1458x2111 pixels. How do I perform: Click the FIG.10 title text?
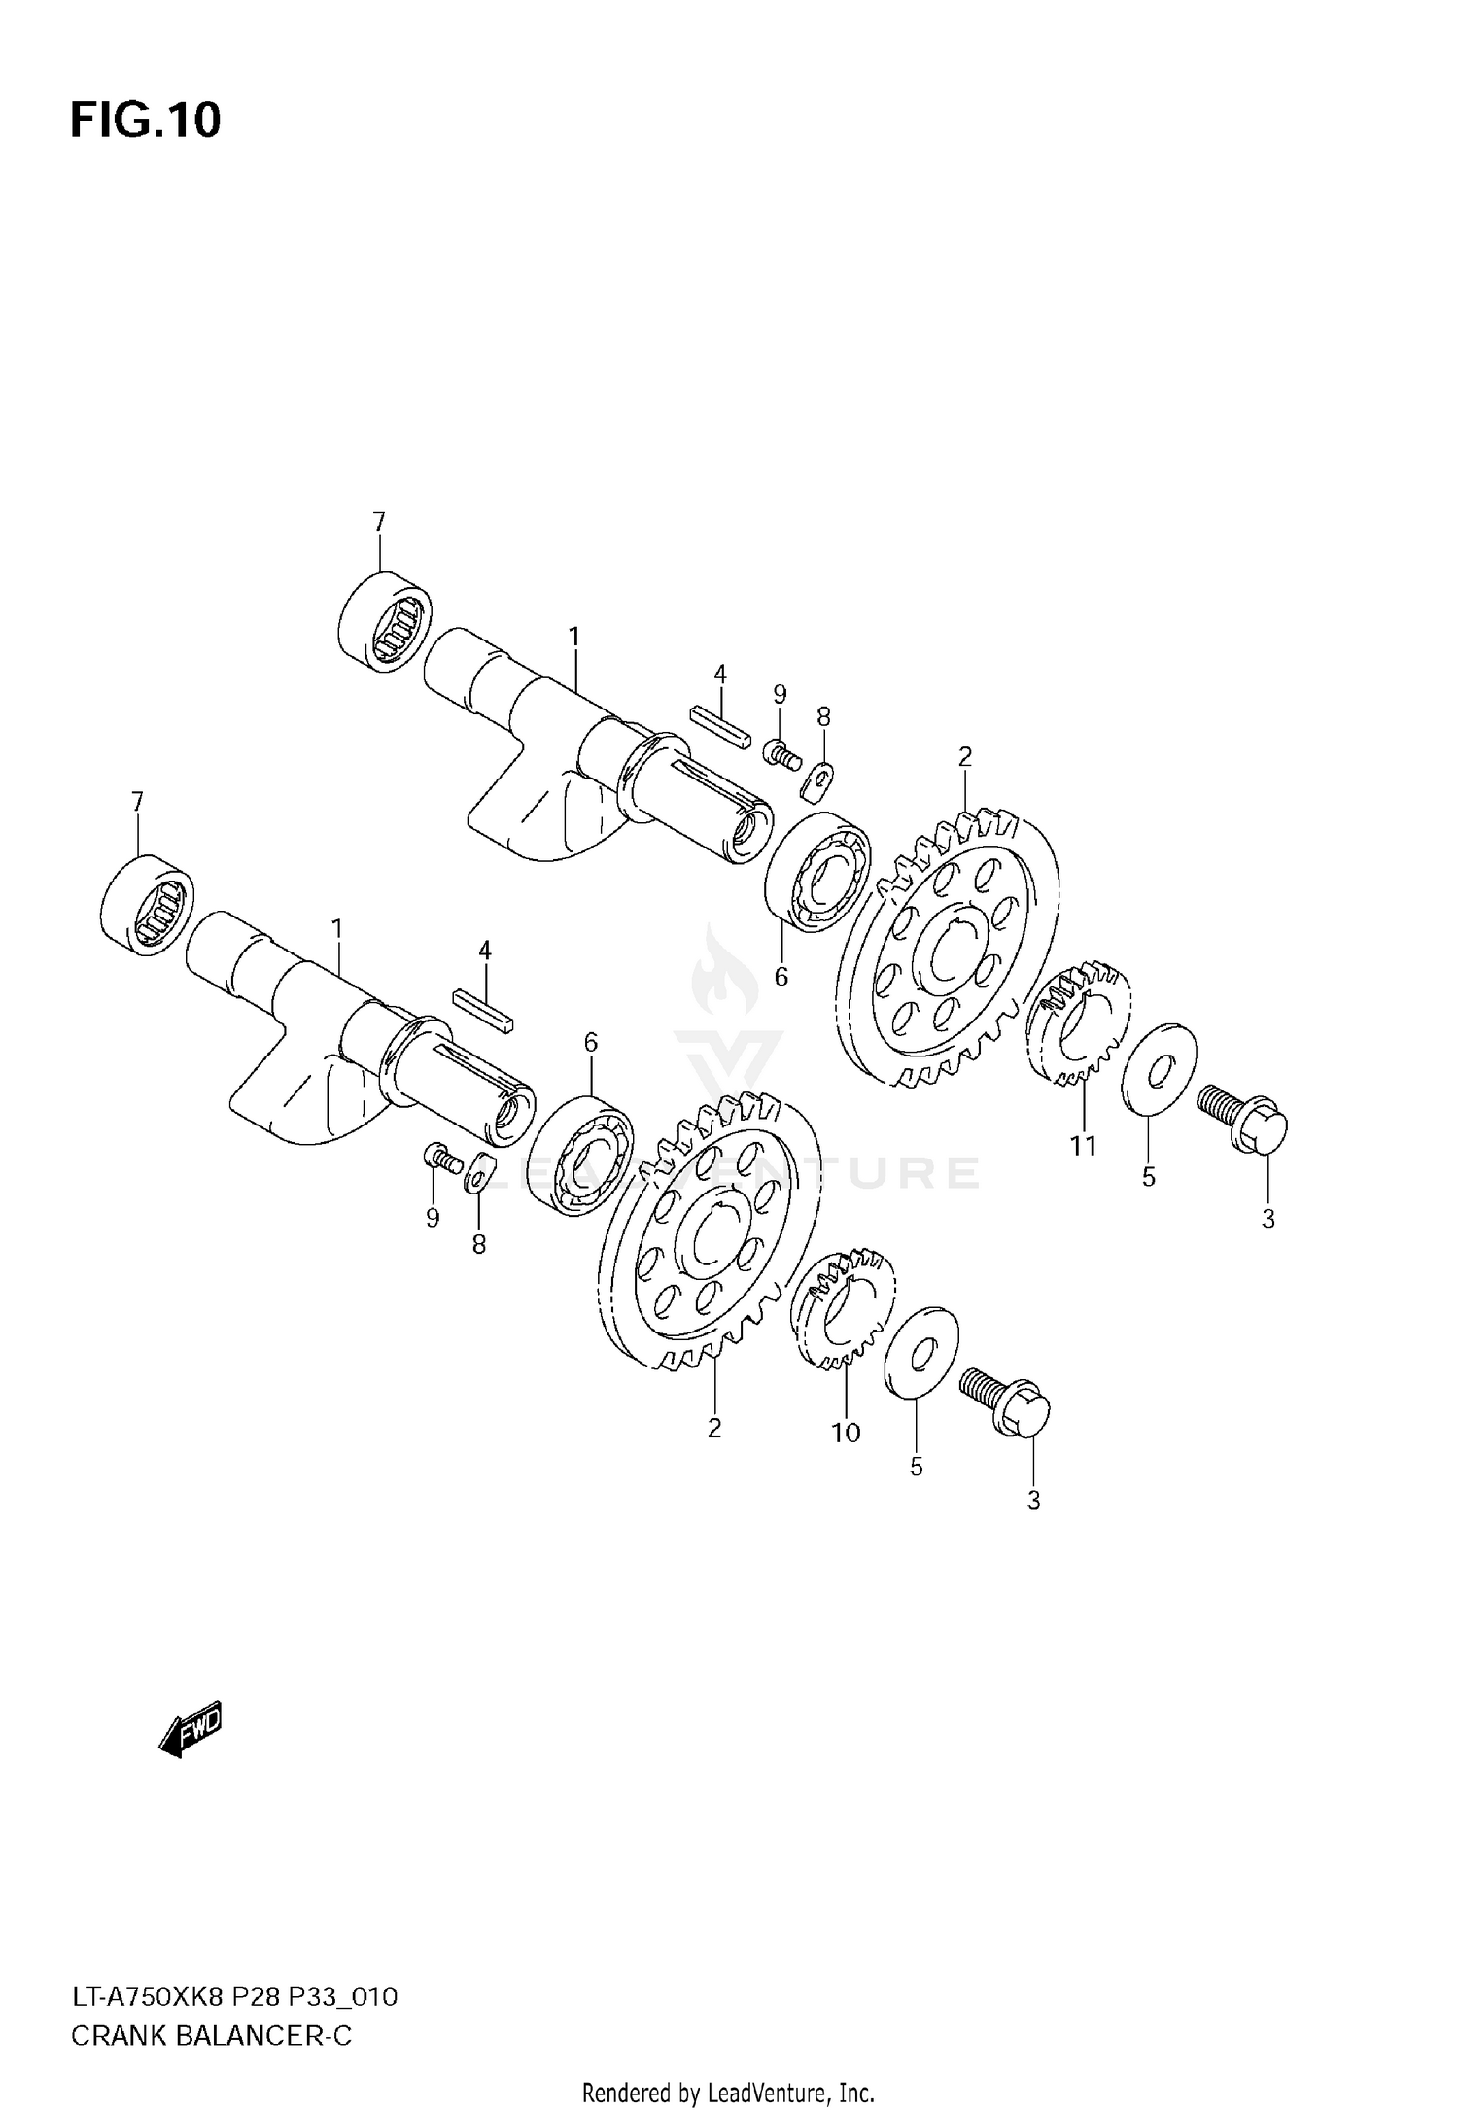tap(146, 121)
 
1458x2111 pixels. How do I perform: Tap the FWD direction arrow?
tap(191, 1728)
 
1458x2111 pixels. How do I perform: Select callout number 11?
tap(1083, 1146)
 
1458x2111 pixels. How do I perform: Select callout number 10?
tap(846, 1432)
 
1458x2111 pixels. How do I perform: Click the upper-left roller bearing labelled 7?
tap(386, 621)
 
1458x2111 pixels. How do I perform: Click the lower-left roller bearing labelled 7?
tap(148, 902)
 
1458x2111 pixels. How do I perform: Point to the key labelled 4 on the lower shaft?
tap(483, 1011)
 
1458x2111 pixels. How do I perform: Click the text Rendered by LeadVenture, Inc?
tap(728, 2092)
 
